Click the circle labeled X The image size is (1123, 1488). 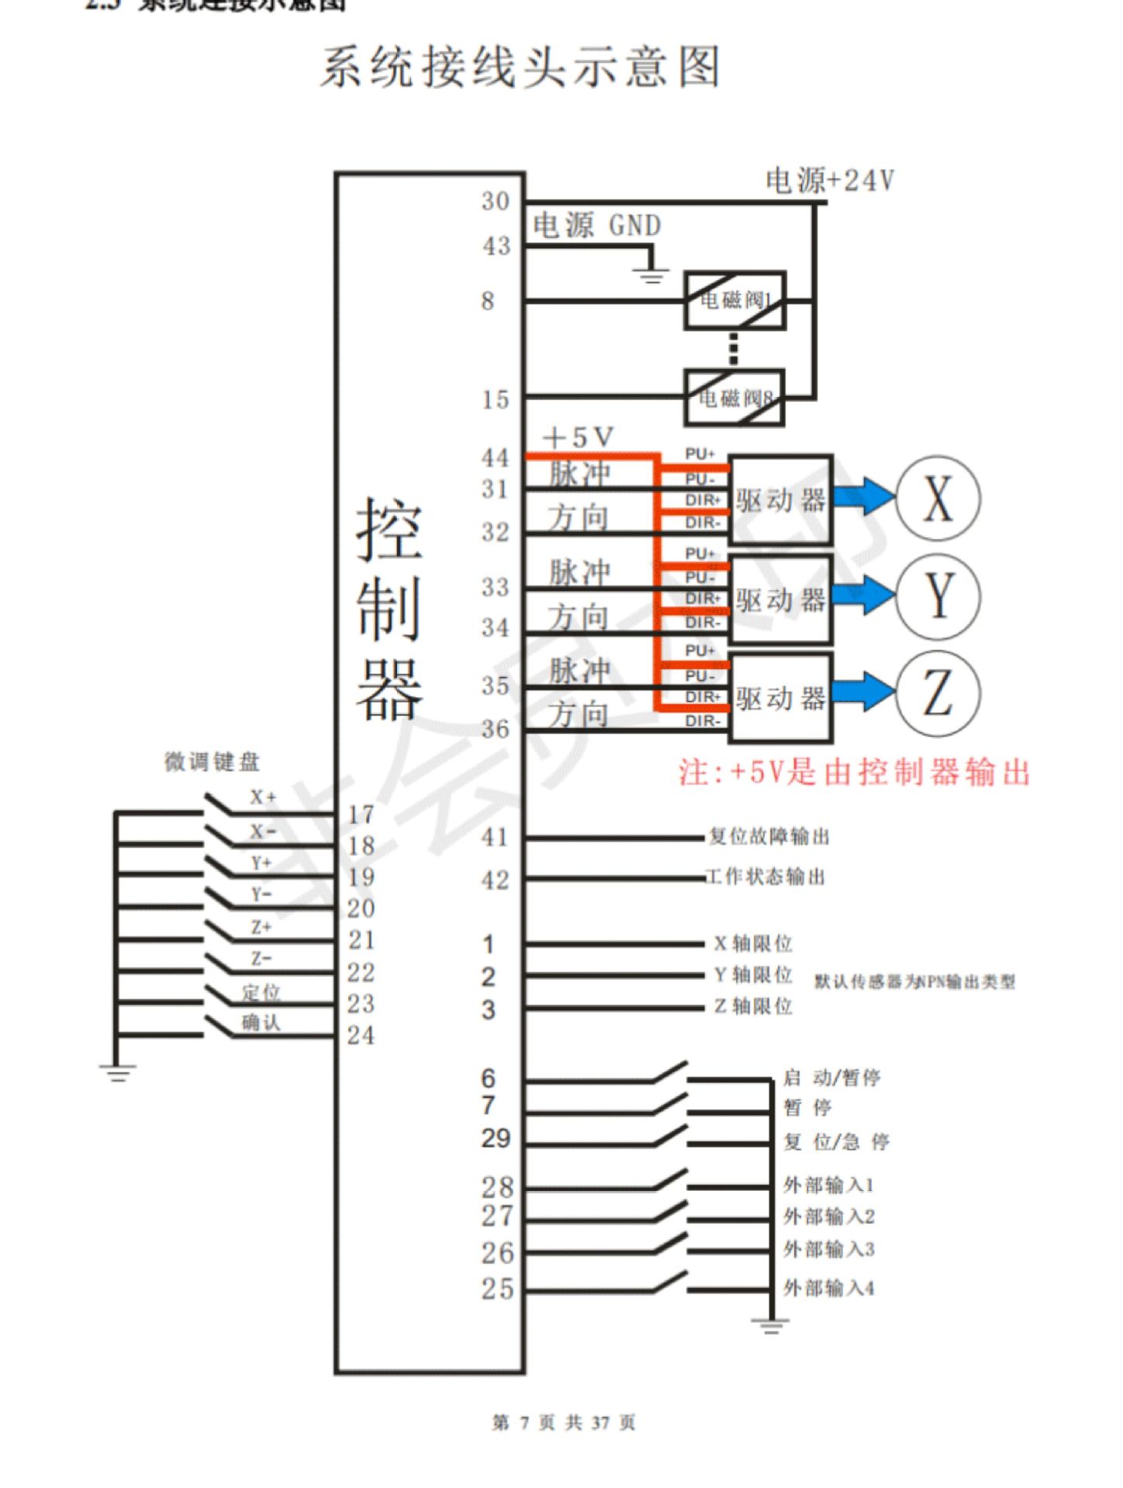[x=938, y=499]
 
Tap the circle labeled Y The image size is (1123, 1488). [x=938, y=596]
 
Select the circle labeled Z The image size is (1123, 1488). [x=938, y=693]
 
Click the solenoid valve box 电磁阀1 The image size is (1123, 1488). [x=734, y=300]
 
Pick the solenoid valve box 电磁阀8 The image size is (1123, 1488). [x=734, y=399]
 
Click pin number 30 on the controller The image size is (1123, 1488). [x=496, y=202]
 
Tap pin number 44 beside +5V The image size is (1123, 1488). [x=496, y=457]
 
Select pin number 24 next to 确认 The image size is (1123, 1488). [x=361, y=1035]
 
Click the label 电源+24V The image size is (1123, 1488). [x=830, y=181]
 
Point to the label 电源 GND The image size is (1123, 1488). [x=596, y=226]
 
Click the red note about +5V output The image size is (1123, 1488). [x=854, y=773]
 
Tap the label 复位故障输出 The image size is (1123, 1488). [x=769, y=837]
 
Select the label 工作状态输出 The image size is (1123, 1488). [x=765, y=877]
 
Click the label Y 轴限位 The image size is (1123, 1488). [x=753, y=975]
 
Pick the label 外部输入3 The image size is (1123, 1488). [x=828, y=1249]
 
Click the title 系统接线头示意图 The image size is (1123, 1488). [x=520, y=67]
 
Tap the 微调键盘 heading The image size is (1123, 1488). [x=212, y=762]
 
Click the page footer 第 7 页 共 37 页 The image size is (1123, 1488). [x=564, y=1422]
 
